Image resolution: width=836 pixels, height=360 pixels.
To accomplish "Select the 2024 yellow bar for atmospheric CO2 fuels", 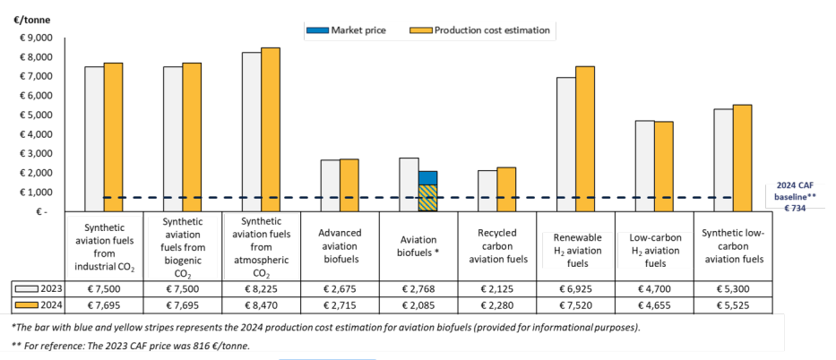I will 270,129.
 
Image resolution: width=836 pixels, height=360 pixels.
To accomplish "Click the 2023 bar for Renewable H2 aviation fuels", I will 565,144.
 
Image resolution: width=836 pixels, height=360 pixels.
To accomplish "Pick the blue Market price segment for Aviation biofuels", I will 427,177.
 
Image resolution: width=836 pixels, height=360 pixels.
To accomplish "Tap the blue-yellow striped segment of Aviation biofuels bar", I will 427,198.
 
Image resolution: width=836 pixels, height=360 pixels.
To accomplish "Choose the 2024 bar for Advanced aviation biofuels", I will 349,185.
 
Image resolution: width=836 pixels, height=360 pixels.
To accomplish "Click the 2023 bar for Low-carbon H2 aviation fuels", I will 644,166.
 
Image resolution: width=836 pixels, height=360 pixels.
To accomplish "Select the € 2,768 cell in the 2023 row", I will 418,289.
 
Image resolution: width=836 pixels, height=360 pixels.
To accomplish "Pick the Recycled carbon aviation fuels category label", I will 496,246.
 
